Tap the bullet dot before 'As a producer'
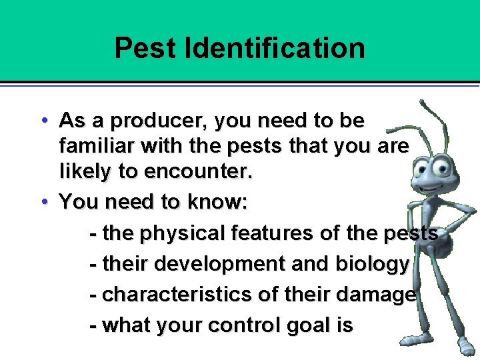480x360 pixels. [x=43, y=121]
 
